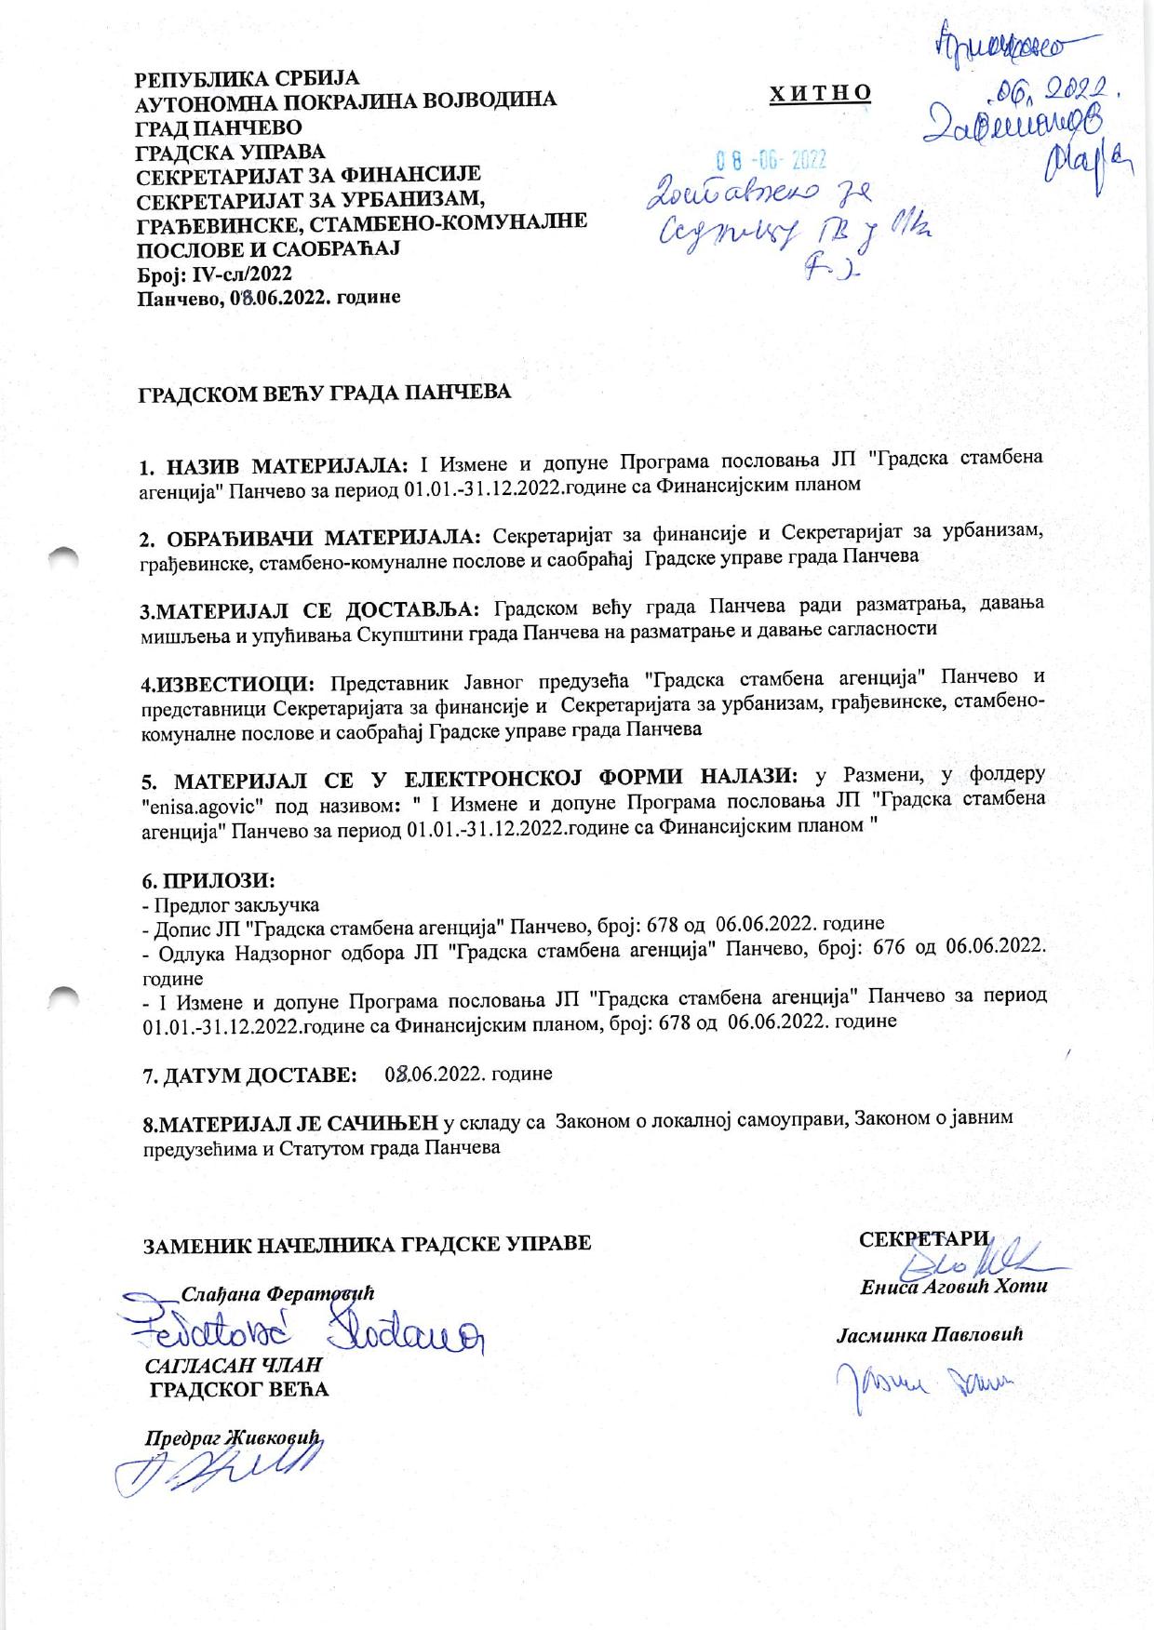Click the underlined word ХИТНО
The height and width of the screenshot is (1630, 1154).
(820, 92)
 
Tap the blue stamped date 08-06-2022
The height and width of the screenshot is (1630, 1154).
(770, 160)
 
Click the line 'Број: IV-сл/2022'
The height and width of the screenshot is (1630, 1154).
(214, 274)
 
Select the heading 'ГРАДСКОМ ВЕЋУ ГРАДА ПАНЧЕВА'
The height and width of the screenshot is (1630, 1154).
(325, 393)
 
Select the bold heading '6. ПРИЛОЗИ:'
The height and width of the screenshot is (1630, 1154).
(208, 879)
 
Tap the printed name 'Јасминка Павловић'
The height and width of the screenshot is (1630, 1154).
(931, 1336)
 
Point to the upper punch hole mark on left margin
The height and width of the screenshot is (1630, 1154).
(67, 556)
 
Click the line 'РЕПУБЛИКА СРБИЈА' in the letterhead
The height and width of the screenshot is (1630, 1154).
(247, 76)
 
